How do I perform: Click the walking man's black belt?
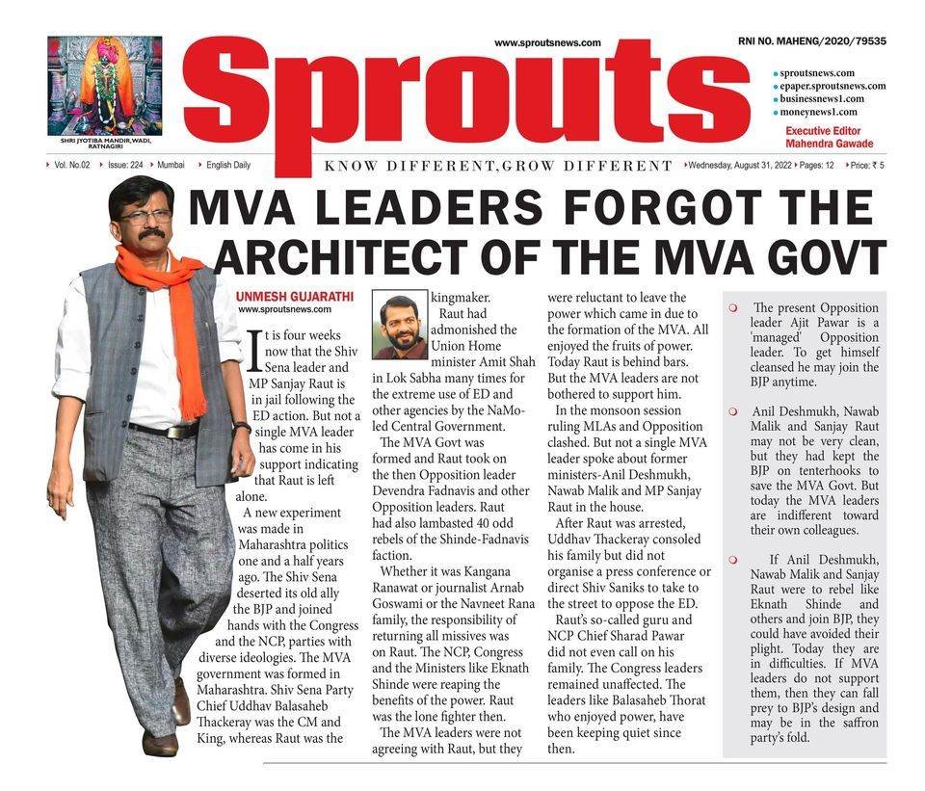[x=166, y=429]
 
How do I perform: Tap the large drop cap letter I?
[x=254, y=351]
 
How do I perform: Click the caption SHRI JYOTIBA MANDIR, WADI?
[x=104, y=140]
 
